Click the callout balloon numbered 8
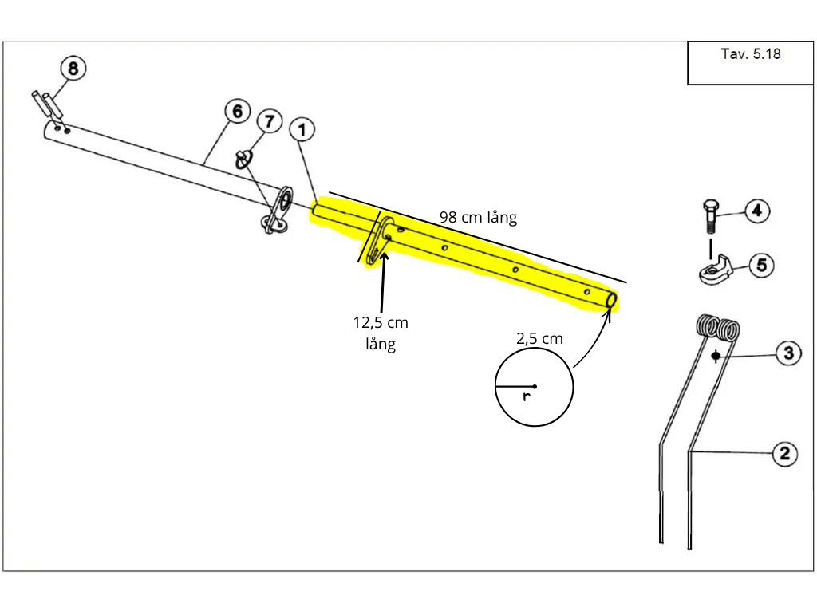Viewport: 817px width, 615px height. pyautogui.click(x=73, y=69)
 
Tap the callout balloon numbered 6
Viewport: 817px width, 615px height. pyautogui.click(x=238, y=111)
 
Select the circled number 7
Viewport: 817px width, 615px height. pyautogui.click(x=270, y=121)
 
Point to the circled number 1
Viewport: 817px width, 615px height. pyautogui.click(x=302, y=130)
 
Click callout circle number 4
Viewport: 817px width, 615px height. pyautogui.click(x=757, y=211)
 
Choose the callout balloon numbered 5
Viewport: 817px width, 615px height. pyautogui.click(x=761, y=265)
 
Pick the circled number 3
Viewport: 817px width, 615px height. pyautogui.click(x=788, y=353)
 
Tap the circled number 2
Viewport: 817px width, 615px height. pyautogui.click(x=785, y=454)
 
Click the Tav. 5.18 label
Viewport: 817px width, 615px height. pyautogui.click(x=750, y=54)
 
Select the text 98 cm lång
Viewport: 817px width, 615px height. pyautogui.click(x=479, y=217)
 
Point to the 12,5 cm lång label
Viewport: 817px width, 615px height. pyautogui.click(x=381, y=333)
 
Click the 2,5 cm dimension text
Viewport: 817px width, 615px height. pyautogui.click(x=540, y=339)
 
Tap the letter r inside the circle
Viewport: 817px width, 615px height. pyautogui.click(x=527, y=396)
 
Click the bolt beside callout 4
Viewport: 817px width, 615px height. pyautogui.click(x=709, y=215)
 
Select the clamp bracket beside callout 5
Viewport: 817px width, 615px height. pyautogui.click(x=716, y=270)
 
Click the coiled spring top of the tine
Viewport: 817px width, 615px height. pyautogui.click(x=718, y=328)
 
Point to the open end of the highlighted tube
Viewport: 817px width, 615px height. pyautogui.click(x=612, y=301)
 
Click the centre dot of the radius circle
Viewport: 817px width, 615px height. pyautogui.click(x=535, y=387)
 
